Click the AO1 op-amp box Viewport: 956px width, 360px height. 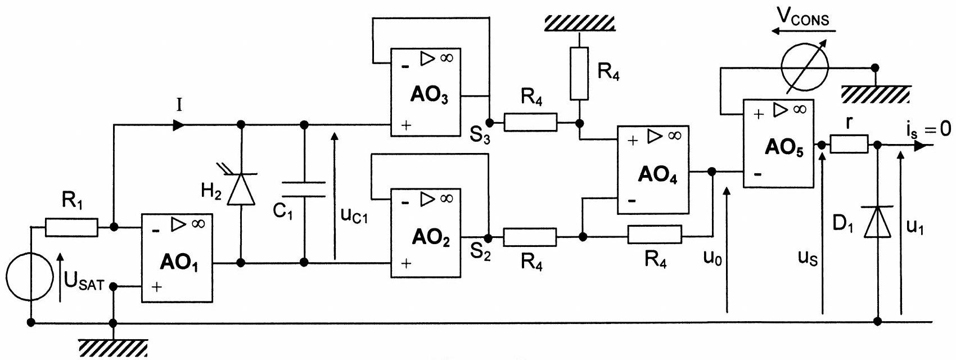tap(177, 258)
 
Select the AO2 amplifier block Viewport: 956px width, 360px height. tap(426, 233)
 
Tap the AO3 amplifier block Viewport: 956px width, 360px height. tap(426, 92)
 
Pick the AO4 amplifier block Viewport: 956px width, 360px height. tap(653, 169)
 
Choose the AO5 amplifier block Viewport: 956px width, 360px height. tap(778, 143)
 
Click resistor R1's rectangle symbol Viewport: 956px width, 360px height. tap(72, 227)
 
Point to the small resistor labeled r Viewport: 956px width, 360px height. tap(849, 144)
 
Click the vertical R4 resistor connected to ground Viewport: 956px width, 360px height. tap(579, 74)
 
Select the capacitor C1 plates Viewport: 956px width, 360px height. tap(304, 189)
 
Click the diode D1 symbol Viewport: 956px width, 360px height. tap(877, 221)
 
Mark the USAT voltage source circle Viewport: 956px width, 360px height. tap(30, 276)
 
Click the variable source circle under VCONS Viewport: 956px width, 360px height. tap(805, 67)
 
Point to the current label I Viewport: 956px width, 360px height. tap(179, 105)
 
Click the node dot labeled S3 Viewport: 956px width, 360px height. tap(489, 123)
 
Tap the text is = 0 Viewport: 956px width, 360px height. tap(929, 129)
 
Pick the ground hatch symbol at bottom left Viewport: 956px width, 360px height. tap(113, 348)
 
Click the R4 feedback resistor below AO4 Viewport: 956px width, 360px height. tap(655, 235)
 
